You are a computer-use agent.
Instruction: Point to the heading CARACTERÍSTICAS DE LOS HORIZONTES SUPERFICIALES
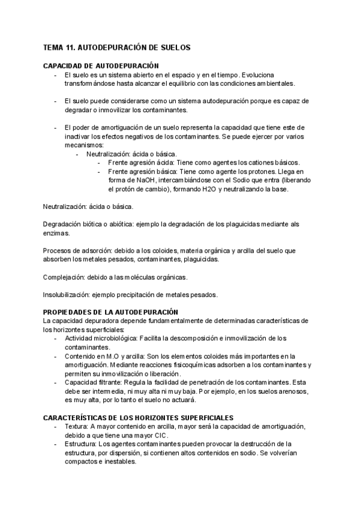click(x=138, y=417)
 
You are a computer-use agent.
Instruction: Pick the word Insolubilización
click(x=68, y=294)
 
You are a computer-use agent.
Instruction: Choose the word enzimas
click(x=57, y=233)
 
